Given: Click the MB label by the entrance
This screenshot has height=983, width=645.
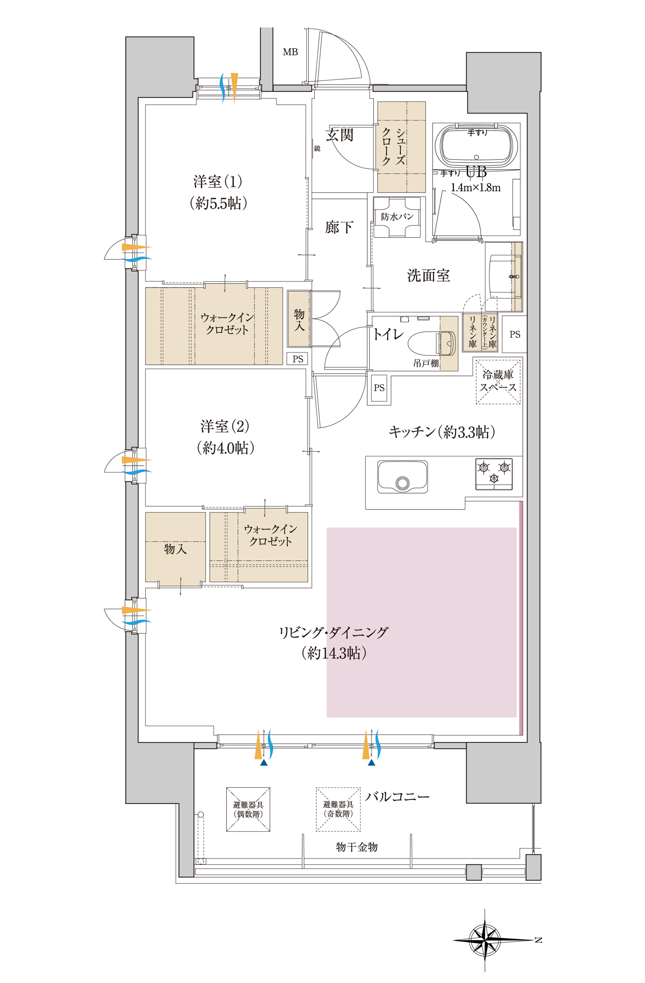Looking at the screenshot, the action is click(290, 52).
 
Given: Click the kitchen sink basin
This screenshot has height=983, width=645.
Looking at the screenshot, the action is click(402, 477).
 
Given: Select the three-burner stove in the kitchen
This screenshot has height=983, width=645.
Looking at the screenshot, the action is click(494, 474).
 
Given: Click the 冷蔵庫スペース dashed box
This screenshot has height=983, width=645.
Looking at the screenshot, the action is click(498, 382).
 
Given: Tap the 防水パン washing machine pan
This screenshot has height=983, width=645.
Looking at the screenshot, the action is click(397, 217).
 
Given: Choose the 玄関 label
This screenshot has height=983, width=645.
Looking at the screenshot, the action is click(340, 135).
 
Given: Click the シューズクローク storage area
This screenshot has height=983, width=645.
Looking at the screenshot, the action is click(402, 147).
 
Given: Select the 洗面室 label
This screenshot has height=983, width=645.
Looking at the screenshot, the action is click(429, 275).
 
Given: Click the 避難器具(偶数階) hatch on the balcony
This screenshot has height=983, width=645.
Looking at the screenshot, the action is click(248, 809).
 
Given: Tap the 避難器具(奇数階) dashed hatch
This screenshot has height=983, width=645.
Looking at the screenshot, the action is click(338, 809).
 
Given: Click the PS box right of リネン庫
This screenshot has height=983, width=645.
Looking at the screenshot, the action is click(514, 334).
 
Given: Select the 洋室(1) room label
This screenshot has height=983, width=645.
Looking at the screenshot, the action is click(218, 182).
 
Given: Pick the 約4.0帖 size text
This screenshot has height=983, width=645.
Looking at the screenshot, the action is click(226, 448).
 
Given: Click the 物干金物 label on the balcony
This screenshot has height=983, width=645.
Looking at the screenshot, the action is click(357, 847).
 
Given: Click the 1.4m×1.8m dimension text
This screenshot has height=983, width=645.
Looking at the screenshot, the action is click(476, 187).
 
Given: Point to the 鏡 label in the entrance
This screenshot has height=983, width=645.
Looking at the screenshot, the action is click(317, 148).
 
